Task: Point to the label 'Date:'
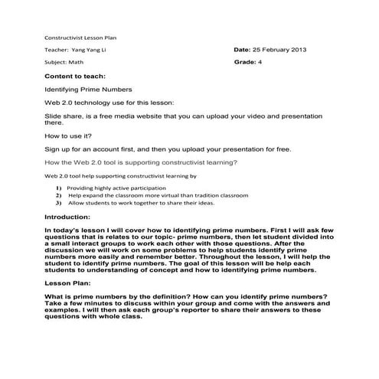tap(243, 50)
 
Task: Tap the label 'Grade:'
tap(245, 63)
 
